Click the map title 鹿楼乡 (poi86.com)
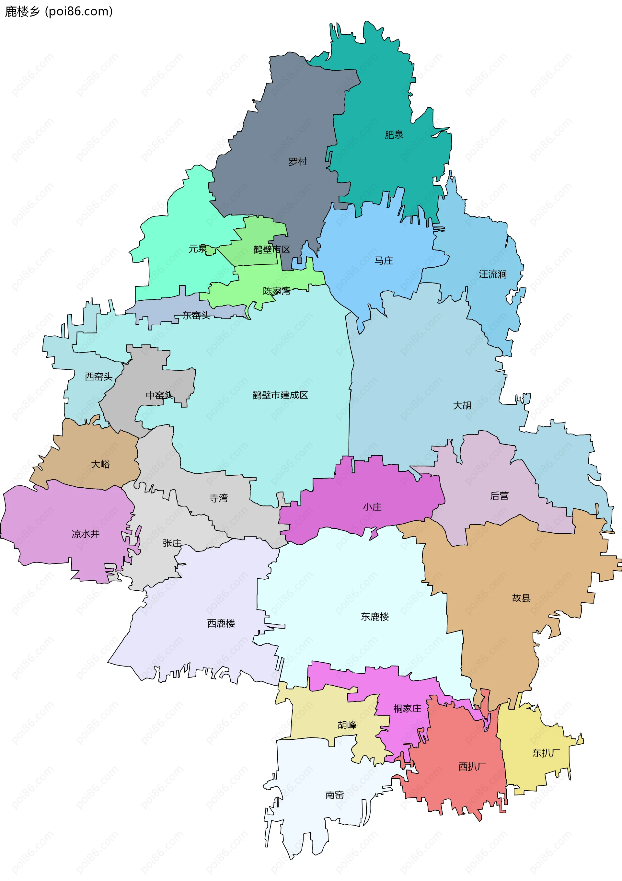[x=59, y=12]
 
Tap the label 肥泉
[x=394, y=135]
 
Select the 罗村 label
[x=297, y=162]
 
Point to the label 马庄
[x=384, y=261]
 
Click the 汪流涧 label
[x=493, y=274]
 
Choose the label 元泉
[x=198, y=249]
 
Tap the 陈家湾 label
[x=276, y=291]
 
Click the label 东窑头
[x=196, y=315]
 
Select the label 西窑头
[x=98, y=377]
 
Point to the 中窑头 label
[x=160, y=395]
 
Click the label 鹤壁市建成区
[x=280, y=395]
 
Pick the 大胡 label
[x=462, y=406]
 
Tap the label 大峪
[x=100, y=464]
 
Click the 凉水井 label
[x=86, y=534]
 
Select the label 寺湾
[x=218, y=498]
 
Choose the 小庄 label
[x=372, y=507]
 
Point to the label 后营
[x=499, y=496]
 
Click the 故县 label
[x=521, y=598]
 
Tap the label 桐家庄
[x=407, y=708]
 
